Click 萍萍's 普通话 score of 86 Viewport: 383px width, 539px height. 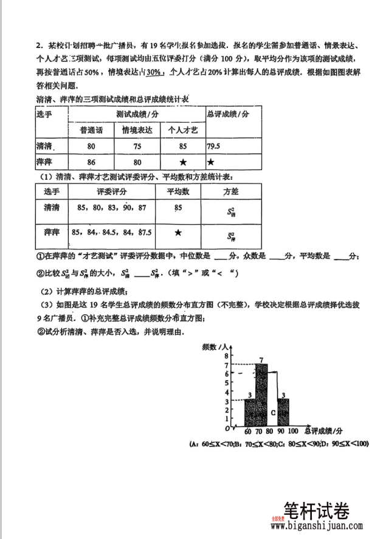(91, 162)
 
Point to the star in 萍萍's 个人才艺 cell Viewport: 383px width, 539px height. (182, 162)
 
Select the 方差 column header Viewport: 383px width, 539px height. (230, 191)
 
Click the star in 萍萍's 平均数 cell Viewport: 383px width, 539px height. (178, 233)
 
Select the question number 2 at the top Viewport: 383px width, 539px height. (38, 46)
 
